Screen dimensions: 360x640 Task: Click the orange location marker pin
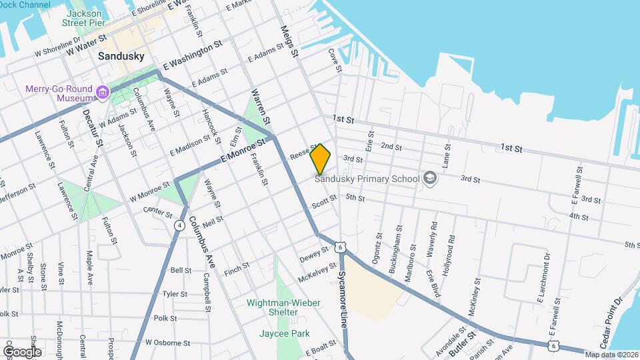point(320,159)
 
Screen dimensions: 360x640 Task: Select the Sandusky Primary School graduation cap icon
point(430,178)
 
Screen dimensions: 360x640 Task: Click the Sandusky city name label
point(121,57)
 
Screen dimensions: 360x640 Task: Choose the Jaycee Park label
point(285,333)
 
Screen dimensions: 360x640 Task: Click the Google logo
point(22,351)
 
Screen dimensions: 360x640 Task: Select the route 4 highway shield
point(180,225)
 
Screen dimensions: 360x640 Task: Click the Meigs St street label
point(289,41)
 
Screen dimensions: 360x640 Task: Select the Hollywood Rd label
point(451,247)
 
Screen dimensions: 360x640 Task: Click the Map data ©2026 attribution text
point(611,355)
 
